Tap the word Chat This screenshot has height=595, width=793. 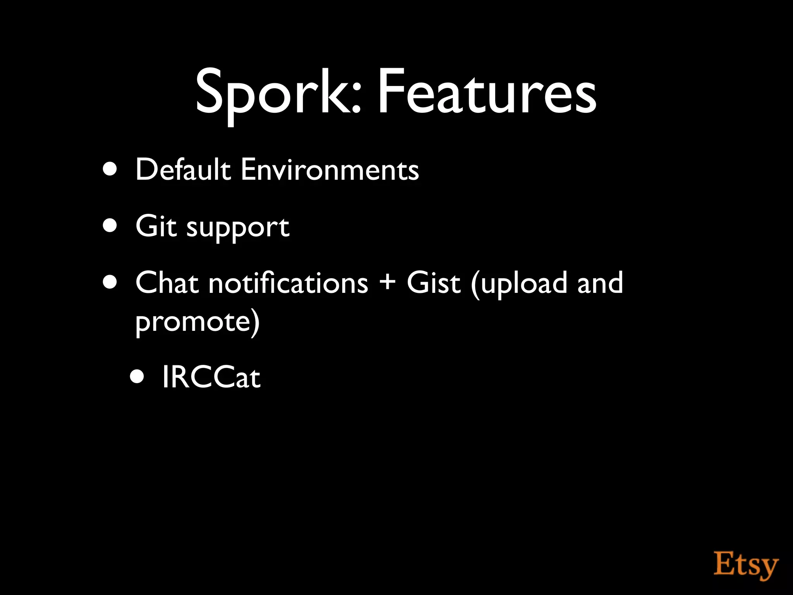coord(167,282)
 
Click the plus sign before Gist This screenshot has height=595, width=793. coord(387,282)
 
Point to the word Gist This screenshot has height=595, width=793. coord(434,282)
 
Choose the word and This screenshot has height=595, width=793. coord(600,282)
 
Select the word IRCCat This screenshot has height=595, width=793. coord(211,377)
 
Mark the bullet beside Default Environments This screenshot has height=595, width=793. coord(110,169)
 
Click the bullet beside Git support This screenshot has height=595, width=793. coord(110,226)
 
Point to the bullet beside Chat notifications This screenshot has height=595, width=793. coord(110,282)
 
